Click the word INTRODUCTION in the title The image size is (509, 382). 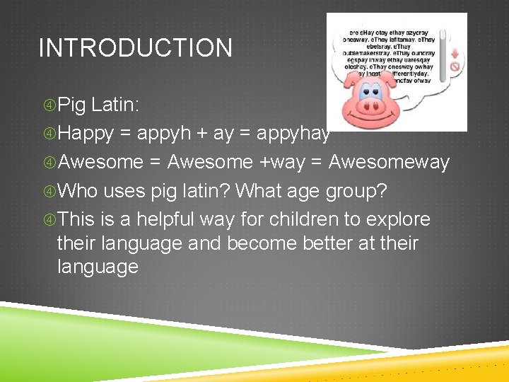point(135,48)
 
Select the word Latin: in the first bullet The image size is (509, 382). point(115,105)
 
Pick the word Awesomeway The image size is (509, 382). point(389,162)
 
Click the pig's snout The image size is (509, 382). point(371,108)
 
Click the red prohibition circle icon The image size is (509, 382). point(455,68)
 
